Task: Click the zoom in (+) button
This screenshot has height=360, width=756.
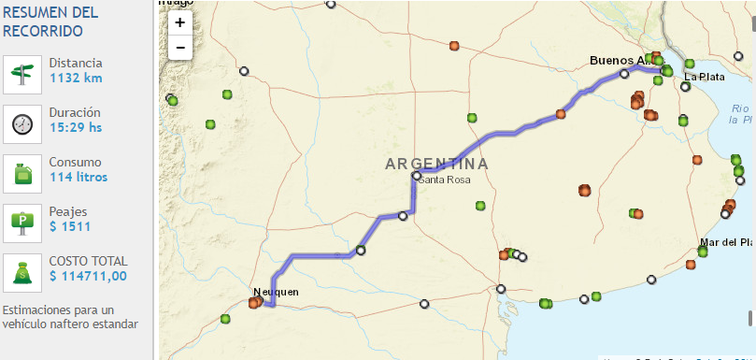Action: click(179, 22)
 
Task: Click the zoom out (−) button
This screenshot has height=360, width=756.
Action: click(179, 46)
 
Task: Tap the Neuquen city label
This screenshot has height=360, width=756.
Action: click(277, 292)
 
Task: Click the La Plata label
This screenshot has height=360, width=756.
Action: click(704, 77)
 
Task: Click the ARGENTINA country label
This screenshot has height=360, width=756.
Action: click(436, 164)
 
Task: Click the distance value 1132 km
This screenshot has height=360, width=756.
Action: click(76, 78)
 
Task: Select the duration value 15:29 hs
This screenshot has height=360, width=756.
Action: click(77, 127)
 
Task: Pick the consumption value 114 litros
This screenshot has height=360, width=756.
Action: click(78, 177)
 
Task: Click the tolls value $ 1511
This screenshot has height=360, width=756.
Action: click(70, 226)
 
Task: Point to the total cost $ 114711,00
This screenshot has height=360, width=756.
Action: click(89, 276)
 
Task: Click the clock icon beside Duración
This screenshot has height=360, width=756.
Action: click(22, 123)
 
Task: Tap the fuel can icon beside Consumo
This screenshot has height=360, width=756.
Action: click(22, 173)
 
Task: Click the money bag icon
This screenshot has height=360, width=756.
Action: click(22, 272)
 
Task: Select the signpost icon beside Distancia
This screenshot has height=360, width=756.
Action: click(22, 74)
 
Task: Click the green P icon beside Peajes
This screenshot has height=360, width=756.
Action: click(22, 223)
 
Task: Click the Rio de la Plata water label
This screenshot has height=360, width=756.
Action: click(741, 115)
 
